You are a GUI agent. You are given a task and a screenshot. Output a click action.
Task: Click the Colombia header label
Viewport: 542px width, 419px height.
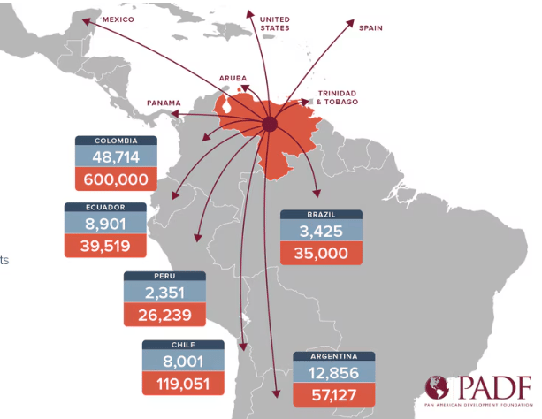click(115, 141)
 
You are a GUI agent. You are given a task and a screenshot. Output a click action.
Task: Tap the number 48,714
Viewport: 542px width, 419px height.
click(115, 157)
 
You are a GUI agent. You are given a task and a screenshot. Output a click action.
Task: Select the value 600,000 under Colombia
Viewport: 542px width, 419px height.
click(115, 179)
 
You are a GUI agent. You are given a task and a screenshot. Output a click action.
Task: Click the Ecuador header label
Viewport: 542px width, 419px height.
click(105, 207)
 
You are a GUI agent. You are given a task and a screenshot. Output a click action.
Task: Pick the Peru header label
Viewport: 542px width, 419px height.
click(164, 277)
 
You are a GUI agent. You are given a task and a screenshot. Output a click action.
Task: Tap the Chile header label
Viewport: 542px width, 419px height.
click(183, 345)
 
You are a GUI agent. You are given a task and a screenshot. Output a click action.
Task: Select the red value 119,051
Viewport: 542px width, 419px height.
click(183, 384)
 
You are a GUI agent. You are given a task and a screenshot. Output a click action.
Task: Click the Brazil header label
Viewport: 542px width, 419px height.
click(320, 215)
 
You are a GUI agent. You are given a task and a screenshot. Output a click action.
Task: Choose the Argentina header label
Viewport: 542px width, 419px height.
click(333, 356)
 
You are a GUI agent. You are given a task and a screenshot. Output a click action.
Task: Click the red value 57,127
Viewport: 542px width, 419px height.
click(333, 395)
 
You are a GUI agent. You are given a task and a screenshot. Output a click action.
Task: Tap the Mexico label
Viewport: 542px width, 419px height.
click(118, 18)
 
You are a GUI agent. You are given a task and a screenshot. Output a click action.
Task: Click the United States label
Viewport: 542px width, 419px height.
click(275, 22)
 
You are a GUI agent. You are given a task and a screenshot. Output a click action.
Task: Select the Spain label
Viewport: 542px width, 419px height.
click(371, 27)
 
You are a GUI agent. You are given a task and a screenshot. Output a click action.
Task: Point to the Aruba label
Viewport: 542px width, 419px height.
click(233, 78)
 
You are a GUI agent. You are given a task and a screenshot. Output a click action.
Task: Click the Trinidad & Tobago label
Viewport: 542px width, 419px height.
click(337, 97)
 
